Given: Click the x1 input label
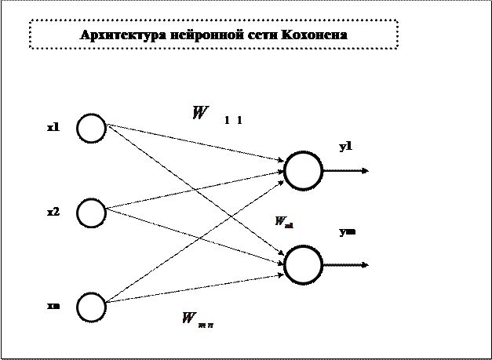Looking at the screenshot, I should pos(53,127).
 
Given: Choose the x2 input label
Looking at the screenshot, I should pos(53,212).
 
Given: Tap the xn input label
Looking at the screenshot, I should pos(53,306).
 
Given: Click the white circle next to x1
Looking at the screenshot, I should pos(91,128).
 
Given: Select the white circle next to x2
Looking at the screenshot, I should pos(91,213).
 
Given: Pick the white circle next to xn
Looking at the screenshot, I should pos(91,307).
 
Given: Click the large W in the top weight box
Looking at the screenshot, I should pos(200,113).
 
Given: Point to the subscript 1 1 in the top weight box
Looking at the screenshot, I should pos(233,120).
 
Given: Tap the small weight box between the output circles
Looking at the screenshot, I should pos(283,222).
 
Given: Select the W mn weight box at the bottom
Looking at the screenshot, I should pos(199,318).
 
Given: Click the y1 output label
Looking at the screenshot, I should pos(346,146).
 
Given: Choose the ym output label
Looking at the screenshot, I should pos(347,231).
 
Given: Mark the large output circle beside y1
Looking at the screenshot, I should pos(303,171).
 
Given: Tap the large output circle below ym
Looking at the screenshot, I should pos(303,265).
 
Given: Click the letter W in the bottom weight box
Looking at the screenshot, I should pos(189,318).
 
